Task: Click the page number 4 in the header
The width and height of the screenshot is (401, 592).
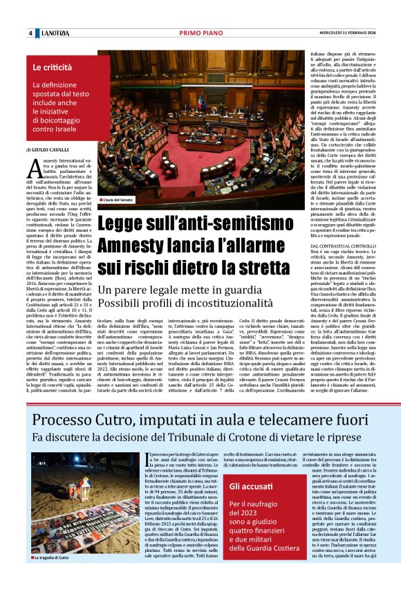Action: (x=30, y=33)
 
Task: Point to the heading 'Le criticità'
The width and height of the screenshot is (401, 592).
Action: (x=53, y=68)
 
